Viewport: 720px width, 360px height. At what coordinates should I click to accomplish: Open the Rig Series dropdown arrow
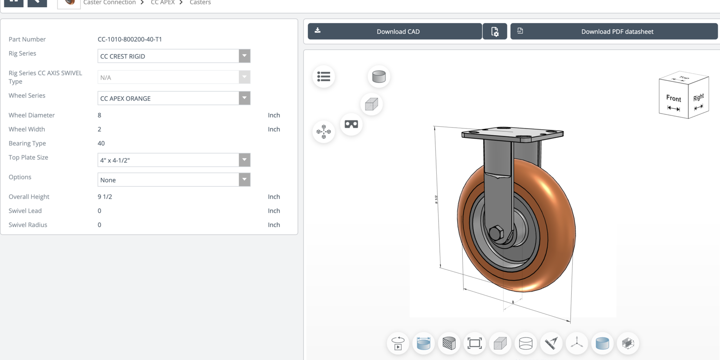pos(244,56)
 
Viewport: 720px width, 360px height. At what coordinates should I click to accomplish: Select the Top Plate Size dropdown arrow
pos(244,160)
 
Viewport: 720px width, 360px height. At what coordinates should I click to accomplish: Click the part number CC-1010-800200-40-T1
pos(129,39)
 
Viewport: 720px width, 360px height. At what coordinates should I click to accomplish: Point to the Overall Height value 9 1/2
pos(105,197)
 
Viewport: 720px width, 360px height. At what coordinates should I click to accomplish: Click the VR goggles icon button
pos(351,124)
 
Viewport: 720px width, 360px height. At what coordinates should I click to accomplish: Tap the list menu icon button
pos(323,76)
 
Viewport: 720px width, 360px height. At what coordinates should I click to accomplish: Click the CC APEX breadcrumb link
pos(162,2)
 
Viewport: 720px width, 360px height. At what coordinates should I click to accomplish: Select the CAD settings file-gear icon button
pos(494,31)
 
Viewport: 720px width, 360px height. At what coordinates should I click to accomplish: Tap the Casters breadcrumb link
pos(200,2)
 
